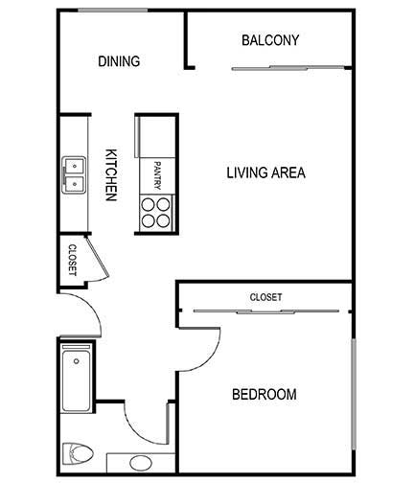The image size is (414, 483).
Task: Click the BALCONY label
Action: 270,40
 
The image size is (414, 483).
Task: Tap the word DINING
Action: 119,61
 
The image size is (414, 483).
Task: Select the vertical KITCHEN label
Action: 111,174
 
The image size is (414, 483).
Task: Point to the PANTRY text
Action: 157,176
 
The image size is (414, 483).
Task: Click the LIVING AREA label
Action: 265,173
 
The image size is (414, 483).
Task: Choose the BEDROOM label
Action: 264,394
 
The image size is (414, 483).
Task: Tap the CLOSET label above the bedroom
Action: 265,298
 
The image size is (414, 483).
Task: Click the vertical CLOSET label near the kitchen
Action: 72,260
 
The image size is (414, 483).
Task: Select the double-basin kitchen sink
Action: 75,174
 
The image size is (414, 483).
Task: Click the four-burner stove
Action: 156,212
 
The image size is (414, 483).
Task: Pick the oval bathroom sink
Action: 140,464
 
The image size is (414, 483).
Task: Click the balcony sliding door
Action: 287,68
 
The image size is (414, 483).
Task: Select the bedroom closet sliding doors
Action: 265,310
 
